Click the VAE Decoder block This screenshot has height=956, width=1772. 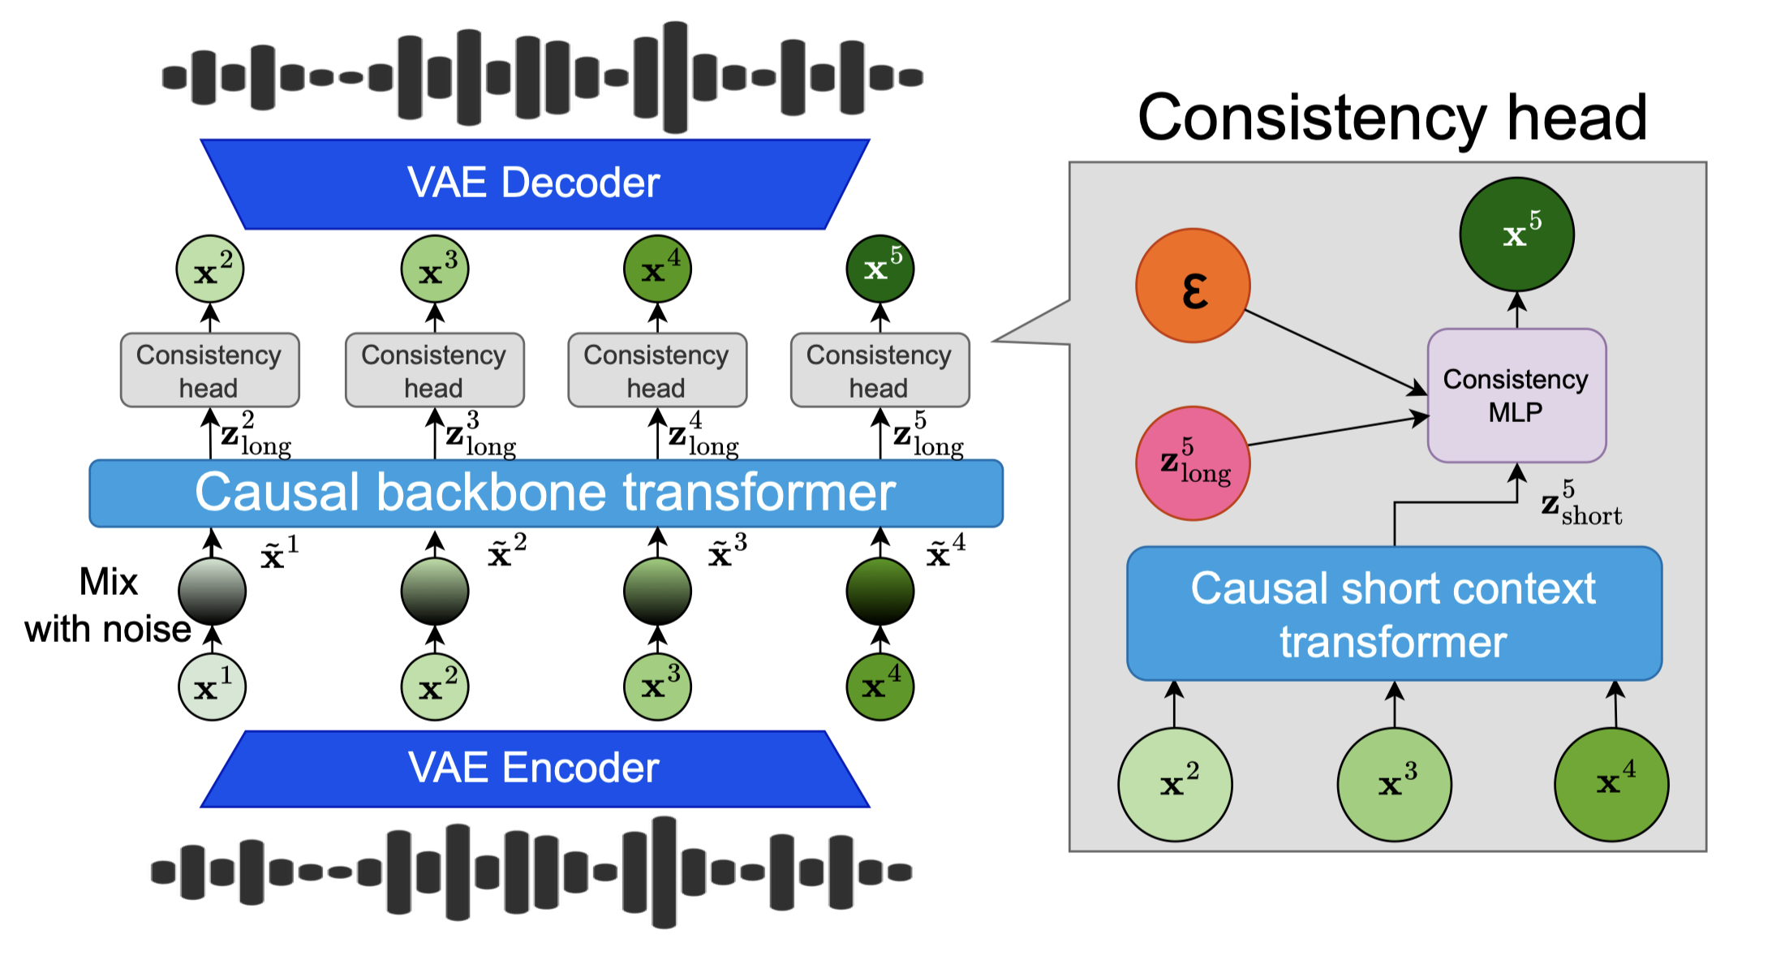tap(535, 183)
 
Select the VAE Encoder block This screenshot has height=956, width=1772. tap(535, 769)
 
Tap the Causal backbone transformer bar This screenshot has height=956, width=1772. tap(545, 493)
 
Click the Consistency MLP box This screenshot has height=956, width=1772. tap(1516, 396)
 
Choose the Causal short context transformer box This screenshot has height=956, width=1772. tap(1394, 614)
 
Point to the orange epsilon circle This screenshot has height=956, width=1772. tap(1193, 286)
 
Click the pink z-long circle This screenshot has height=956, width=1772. tap(1193, 463)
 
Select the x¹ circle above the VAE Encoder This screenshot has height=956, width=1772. tap(212, 687)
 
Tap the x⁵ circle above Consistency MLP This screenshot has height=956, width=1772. tap(1516, 235)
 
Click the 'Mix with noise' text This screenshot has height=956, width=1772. tap(108, 605)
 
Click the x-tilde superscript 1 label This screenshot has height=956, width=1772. tap(279, 553)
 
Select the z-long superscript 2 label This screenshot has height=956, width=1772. tap(255, 434)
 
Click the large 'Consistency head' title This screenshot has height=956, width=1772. tap(1392, 118)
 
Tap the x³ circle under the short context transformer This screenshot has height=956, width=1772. tap(1394, 784)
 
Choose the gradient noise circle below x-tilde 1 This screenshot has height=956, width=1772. tap(212, 591)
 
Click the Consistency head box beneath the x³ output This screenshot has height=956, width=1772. tap(434, 370)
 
